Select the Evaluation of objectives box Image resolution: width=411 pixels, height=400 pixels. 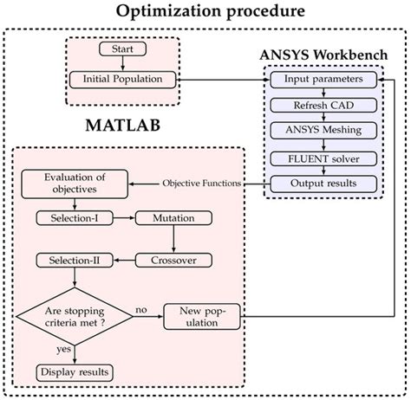tap(73, 184)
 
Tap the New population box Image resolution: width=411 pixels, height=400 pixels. tap(202, 315)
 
